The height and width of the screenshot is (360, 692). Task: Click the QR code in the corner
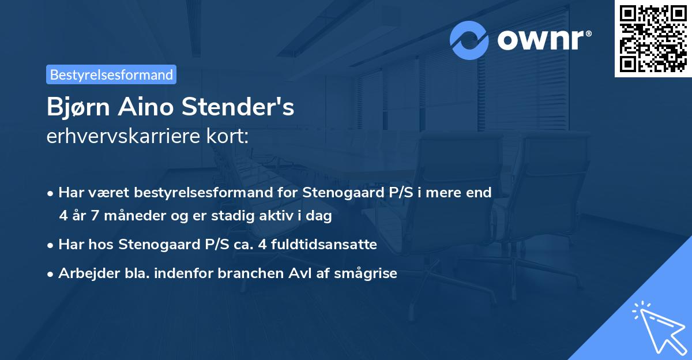coord(653,39)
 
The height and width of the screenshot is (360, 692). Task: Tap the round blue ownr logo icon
coord(469,40)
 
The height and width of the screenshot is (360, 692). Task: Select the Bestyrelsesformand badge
coord(111,74)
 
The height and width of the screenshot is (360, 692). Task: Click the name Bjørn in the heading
coord(77,108)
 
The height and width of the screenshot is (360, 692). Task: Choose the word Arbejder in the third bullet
coord(84,273)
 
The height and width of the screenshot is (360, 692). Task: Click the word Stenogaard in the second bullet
coord(152,245)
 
